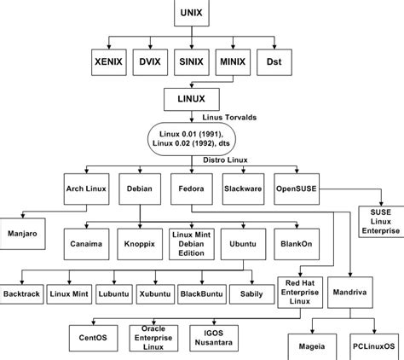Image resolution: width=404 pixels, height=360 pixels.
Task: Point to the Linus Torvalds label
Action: [x=229, y=117]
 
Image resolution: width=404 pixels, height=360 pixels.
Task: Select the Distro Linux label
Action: [x=225, y=160]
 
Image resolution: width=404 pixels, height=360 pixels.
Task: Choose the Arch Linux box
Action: [x=86, y=188]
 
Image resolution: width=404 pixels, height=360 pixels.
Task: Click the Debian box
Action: [x=138, y=188]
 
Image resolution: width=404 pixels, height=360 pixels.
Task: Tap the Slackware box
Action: [x=242, y=188]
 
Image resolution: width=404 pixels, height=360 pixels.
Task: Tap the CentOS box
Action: [x=88, y=336]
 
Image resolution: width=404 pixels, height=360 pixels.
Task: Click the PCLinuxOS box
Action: [x=374, y=348]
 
